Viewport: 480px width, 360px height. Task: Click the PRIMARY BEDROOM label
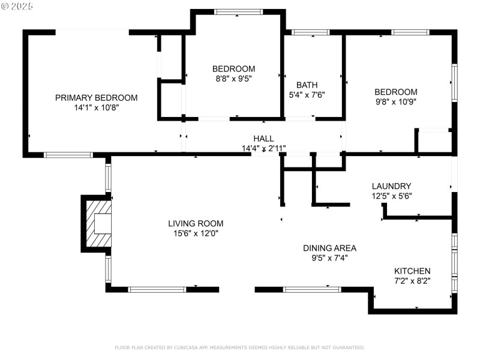[96, 98]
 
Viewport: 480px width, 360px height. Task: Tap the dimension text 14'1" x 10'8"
[96, 108]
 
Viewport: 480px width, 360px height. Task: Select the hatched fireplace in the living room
[98, 223]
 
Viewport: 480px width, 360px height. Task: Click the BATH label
[307, 85]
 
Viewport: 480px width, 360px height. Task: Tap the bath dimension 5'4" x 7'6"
[307, 95]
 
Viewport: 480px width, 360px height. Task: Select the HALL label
[263, 139]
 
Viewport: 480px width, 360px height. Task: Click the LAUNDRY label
[391, 186]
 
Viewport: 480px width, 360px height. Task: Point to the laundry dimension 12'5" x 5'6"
[391, 196]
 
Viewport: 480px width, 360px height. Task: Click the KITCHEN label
[412, 271]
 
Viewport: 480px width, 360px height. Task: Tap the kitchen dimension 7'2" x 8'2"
[412, 280]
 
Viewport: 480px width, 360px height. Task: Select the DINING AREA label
[329, 248]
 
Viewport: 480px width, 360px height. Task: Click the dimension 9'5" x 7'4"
[329, 258]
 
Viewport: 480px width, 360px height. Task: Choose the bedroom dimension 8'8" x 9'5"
[233, 78]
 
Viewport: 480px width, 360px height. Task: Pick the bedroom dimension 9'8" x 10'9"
[395, 101]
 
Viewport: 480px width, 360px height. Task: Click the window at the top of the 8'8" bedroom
[238, 11]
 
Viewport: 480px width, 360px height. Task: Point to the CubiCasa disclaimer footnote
[239, 347]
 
